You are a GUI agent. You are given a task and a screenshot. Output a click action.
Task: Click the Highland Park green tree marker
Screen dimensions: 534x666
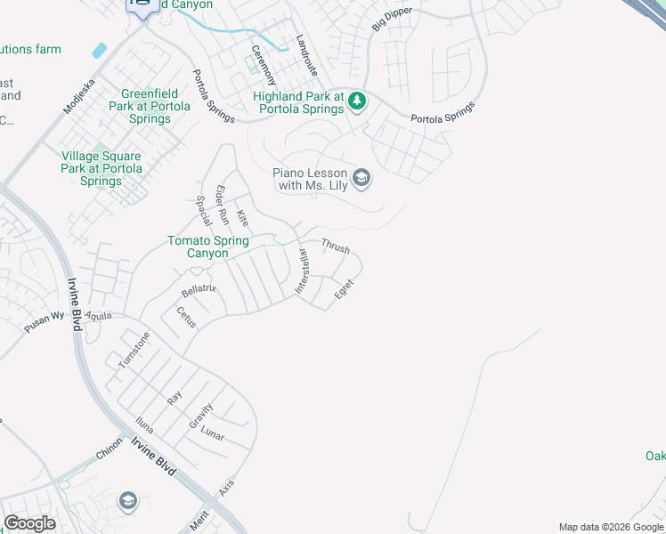tap(357, 101)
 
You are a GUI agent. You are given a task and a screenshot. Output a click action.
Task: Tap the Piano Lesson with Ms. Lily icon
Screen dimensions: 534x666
tap(361, 179)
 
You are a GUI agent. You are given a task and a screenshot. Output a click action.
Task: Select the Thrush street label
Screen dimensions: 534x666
tap(335, 246)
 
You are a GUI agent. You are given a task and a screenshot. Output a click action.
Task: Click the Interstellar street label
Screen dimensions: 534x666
tap(301, 272)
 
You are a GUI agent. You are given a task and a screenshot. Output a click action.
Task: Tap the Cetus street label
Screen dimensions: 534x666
tap(185, 318)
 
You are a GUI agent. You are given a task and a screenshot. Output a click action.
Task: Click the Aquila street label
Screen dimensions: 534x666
tap(99, 315)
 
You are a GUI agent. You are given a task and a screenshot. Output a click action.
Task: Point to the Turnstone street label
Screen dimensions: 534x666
tap(134, 350)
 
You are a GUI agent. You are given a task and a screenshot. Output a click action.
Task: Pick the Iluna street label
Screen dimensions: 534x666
tap(144, 426)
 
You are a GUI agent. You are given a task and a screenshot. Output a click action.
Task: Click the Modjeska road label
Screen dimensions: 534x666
tap(78, 94)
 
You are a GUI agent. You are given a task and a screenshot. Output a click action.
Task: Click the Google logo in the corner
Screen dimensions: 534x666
tap(30, 523)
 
